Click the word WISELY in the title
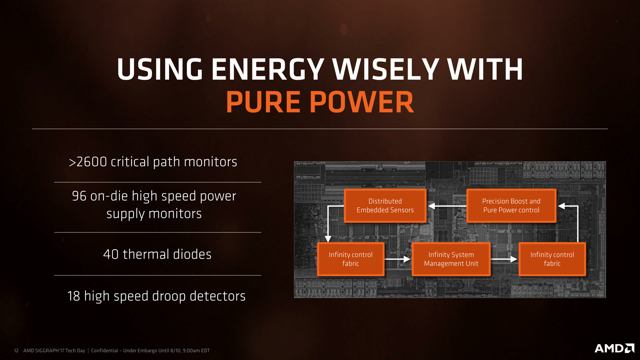(386, 69)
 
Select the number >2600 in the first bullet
(88, 162)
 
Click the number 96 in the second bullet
(79, 196)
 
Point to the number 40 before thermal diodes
(111, 254)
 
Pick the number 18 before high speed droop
(74, 296)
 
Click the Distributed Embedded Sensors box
(385, 206)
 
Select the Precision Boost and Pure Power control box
(511, 206)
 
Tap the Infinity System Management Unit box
(451, 259)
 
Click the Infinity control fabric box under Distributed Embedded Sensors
(351, 259)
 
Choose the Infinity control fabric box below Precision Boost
(552, 259)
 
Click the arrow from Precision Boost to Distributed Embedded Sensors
(447, 206)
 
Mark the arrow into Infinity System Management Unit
(398, 259)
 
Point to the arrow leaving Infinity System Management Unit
(504, 259)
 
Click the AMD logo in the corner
(614, 348)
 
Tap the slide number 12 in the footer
(16, 351)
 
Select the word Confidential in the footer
(105, 351)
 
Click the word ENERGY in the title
(268, 69)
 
